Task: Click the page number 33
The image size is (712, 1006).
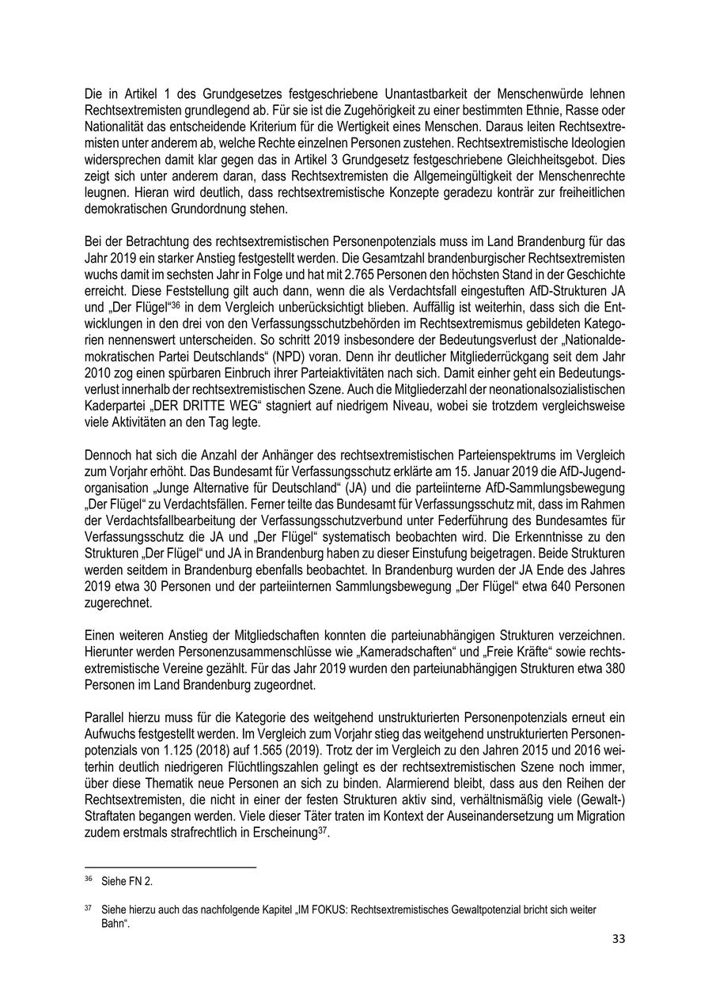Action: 619,939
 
